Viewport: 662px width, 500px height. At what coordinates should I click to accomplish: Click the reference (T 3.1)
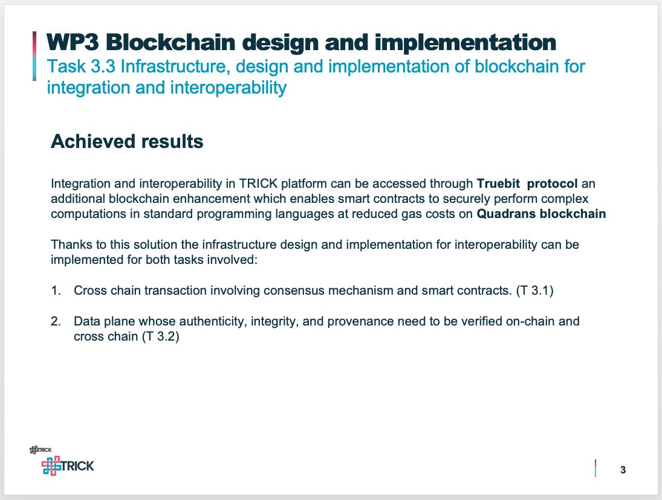coord(535,290)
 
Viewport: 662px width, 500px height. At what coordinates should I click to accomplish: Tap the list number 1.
coord(56,290)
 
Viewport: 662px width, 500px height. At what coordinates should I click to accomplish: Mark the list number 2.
coord(56,321)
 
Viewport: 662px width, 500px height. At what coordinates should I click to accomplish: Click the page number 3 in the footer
coord(623,470)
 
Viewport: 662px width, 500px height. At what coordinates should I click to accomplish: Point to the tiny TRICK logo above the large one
coord(40,449)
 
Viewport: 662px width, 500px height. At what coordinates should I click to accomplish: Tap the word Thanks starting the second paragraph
coord(69,245)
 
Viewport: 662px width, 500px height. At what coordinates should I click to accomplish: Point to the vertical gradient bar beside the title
coord(35,56)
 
